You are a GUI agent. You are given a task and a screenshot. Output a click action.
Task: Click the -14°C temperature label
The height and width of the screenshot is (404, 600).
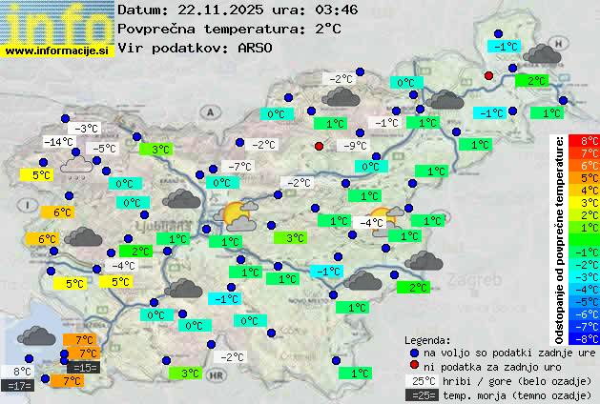(x=59, y=142)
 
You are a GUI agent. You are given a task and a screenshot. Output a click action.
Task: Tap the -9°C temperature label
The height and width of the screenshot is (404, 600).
(x=355, y=145)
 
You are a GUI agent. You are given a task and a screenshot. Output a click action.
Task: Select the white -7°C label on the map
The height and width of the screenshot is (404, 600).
(x=239, y=167)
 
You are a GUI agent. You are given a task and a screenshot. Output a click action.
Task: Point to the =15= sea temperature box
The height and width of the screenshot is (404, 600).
(x=84, y=367)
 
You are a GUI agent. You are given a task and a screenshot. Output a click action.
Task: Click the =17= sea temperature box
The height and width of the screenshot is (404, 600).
(x=19, y=385)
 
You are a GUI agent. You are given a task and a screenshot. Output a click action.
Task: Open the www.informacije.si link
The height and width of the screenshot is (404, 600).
(x=57, y=50)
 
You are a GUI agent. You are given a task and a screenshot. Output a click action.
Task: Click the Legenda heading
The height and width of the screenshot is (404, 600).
(x=428, y=339)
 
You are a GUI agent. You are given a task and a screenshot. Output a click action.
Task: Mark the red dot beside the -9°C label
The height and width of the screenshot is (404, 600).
(x=319, y=146)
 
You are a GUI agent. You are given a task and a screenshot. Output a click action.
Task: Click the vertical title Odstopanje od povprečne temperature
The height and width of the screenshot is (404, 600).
(x=560, y=238)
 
